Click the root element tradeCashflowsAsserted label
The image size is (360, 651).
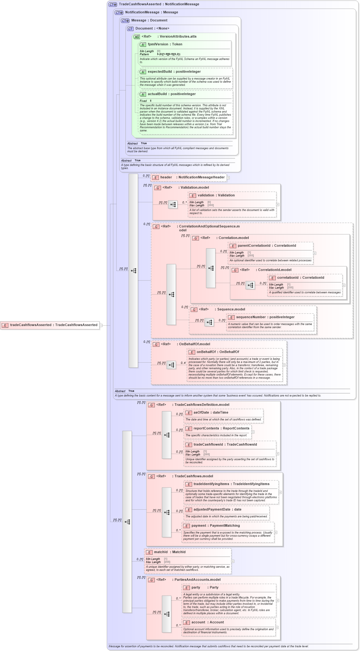(x=53, y=325)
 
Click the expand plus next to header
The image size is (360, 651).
(x=228, y=178)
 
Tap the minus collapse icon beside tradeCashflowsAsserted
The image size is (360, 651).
(x=101, y=325)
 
